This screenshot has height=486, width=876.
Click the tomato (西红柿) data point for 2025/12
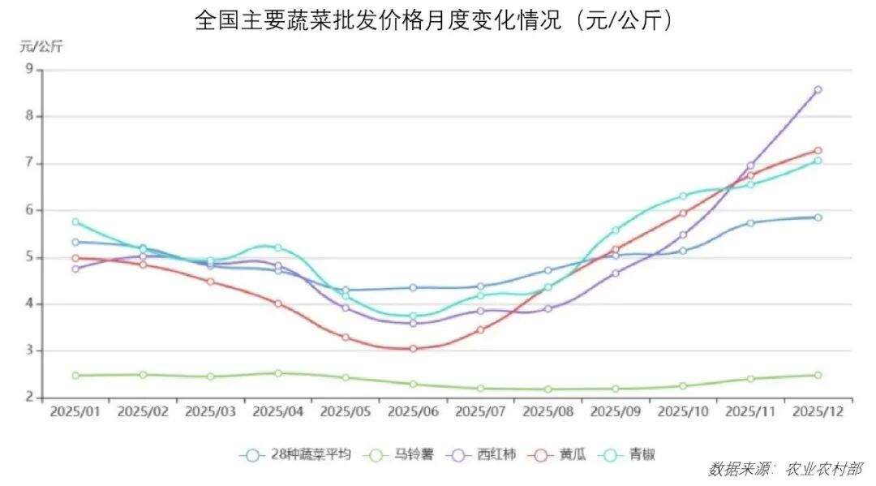[818, 90]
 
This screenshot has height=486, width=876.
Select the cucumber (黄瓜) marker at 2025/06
[413, 349]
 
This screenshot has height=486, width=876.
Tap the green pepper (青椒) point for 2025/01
[75, 221]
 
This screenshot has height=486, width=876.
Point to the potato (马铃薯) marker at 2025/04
[278, 373]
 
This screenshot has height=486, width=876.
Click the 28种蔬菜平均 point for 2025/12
[818, 217]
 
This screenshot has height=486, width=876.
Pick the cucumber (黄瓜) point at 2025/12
[818, 151]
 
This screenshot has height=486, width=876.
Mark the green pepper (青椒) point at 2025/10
[683, 196]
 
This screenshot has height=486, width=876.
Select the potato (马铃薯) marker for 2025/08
[548, 389]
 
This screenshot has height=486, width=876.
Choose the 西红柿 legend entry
[487, 455]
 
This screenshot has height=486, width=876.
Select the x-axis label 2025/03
[211, 411]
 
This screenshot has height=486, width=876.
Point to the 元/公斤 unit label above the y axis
[41, 46]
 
